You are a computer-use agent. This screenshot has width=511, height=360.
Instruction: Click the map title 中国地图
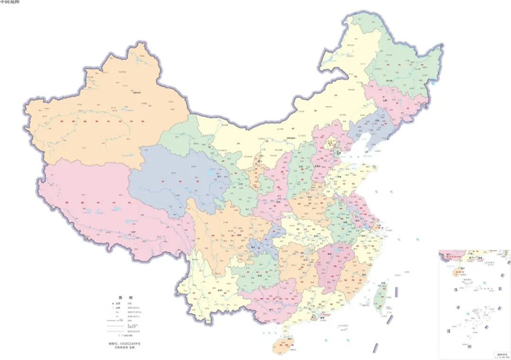point(10,3)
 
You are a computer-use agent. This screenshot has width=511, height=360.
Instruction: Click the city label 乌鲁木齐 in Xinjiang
point(136,93)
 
